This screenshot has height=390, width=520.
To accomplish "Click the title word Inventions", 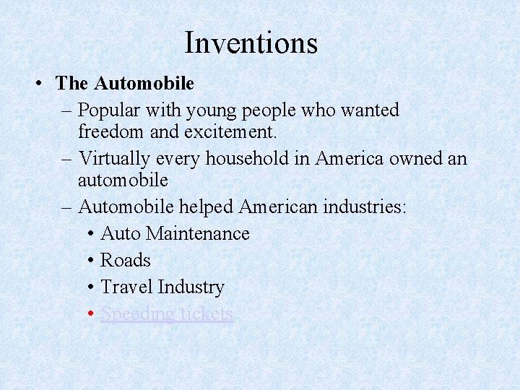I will click(251, 43).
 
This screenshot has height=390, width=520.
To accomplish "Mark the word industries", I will click(367, 207).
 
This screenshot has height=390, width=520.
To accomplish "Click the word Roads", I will click(126, 260).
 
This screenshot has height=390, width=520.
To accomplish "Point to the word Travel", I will click(126, 287).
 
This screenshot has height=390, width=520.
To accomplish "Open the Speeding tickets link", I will click(167, 313).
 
